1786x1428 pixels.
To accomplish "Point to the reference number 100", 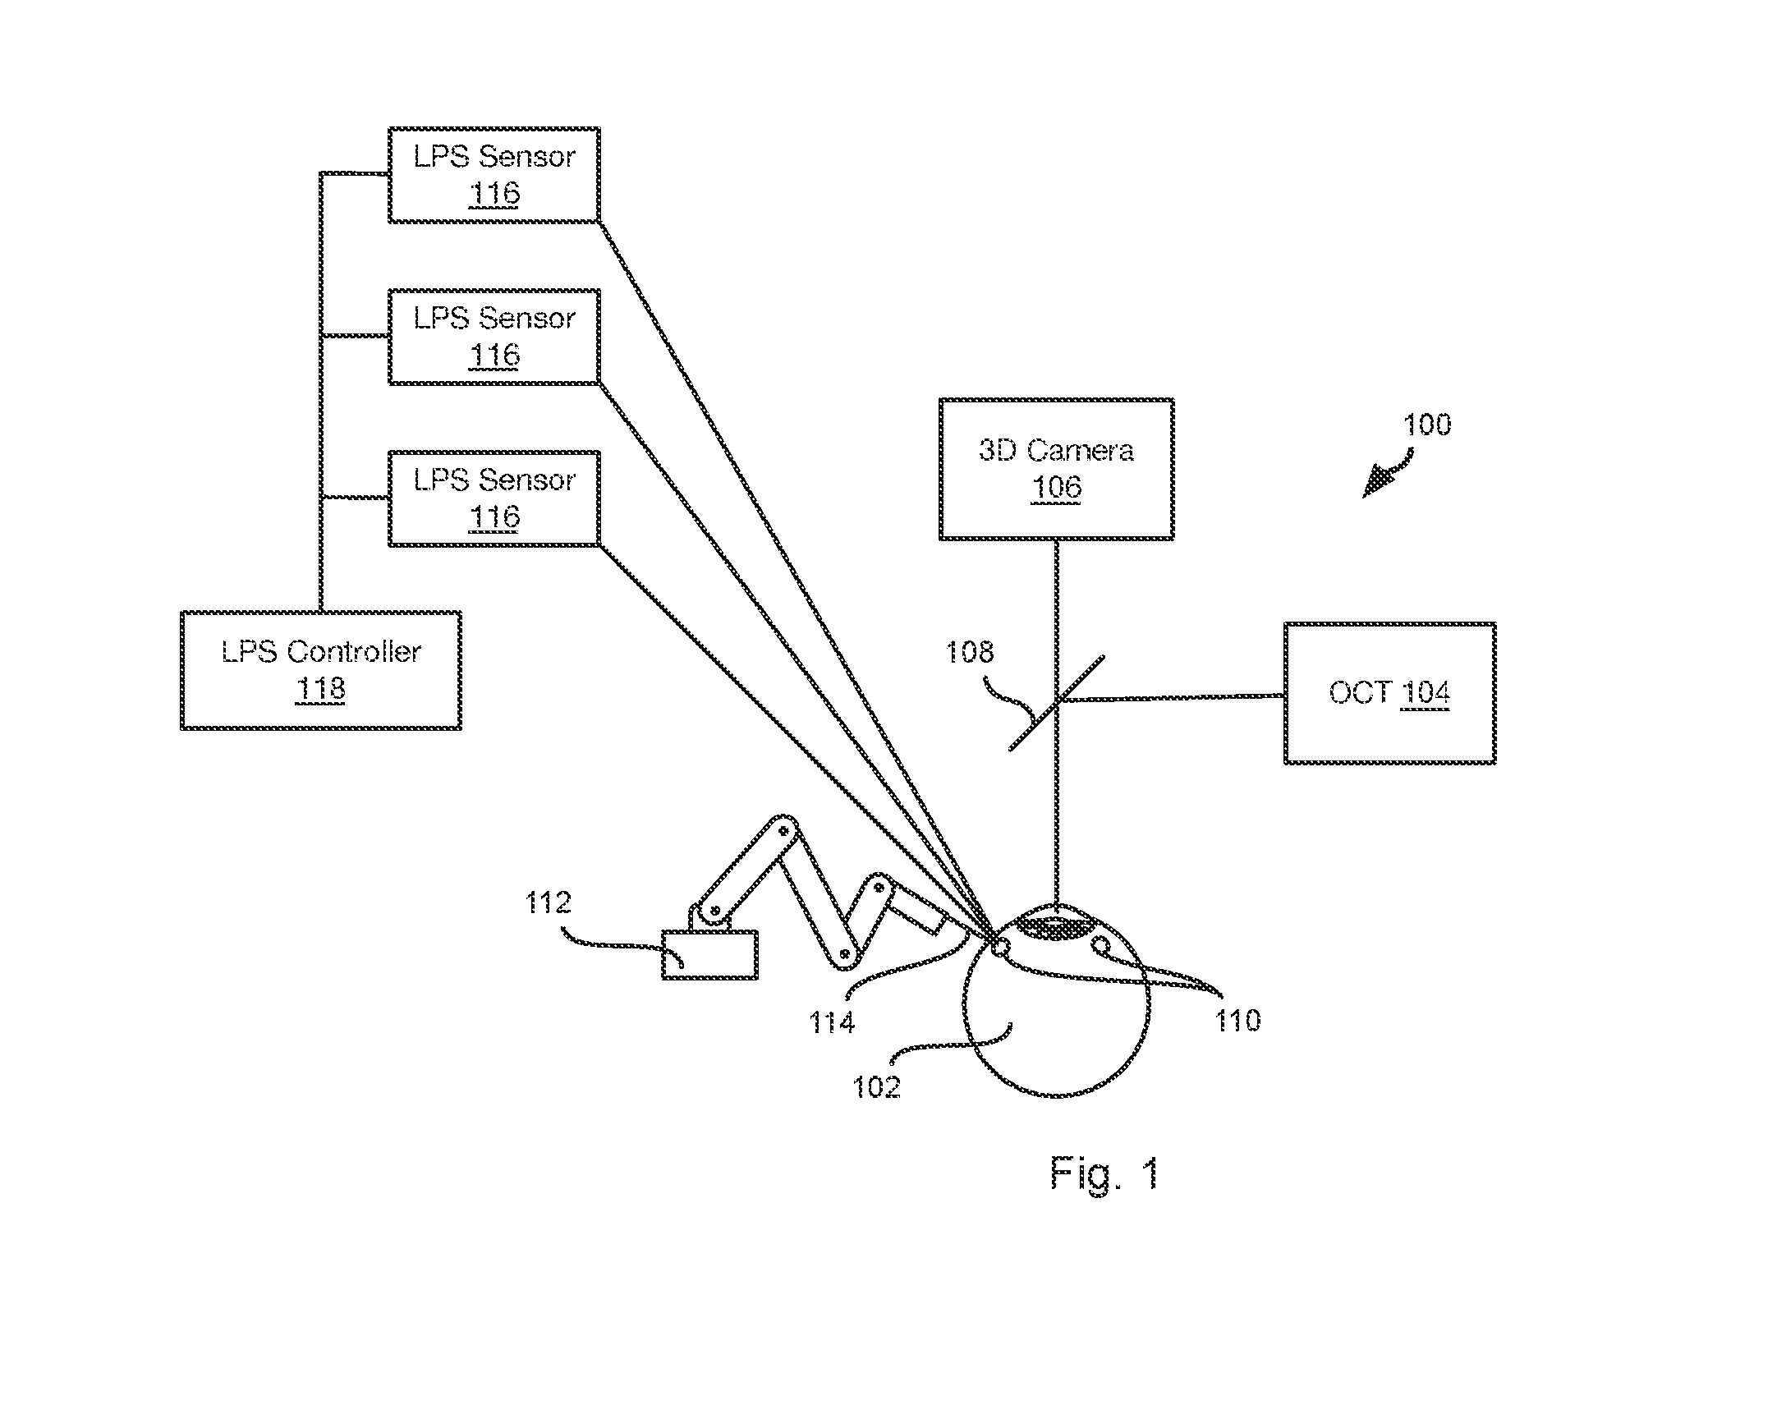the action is [x=1427, y=425].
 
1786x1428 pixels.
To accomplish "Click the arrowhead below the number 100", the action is [x=1376, y=484].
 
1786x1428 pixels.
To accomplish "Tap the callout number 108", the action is [x=970, y=653].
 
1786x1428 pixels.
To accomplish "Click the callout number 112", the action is [x=549, y=902].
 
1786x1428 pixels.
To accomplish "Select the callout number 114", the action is [x=832, y=1023].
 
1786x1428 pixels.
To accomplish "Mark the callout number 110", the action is [x=1238, y=1021].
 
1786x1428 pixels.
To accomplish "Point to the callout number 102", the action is [x=877, y=1086].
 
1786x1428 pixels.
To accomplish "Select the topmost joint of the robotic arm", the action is [x=782, y=831].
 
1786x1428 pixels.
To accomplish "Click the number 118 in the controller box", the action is [x=320, y=689].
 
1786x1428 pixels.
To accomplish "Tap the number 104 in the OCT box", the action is [x=1426, y=692].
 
